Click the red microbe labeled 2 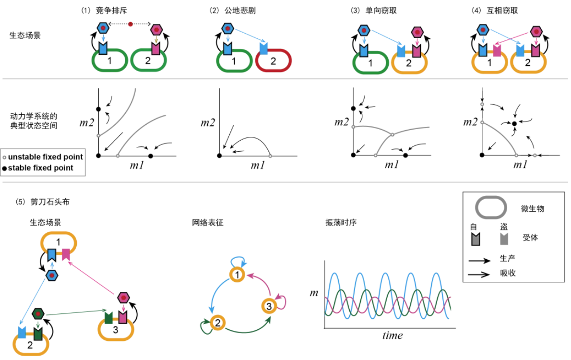tap(274, 61)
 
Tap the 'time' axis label tap(392, 335)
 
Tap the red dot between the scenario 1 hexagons tap(130, 24)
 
